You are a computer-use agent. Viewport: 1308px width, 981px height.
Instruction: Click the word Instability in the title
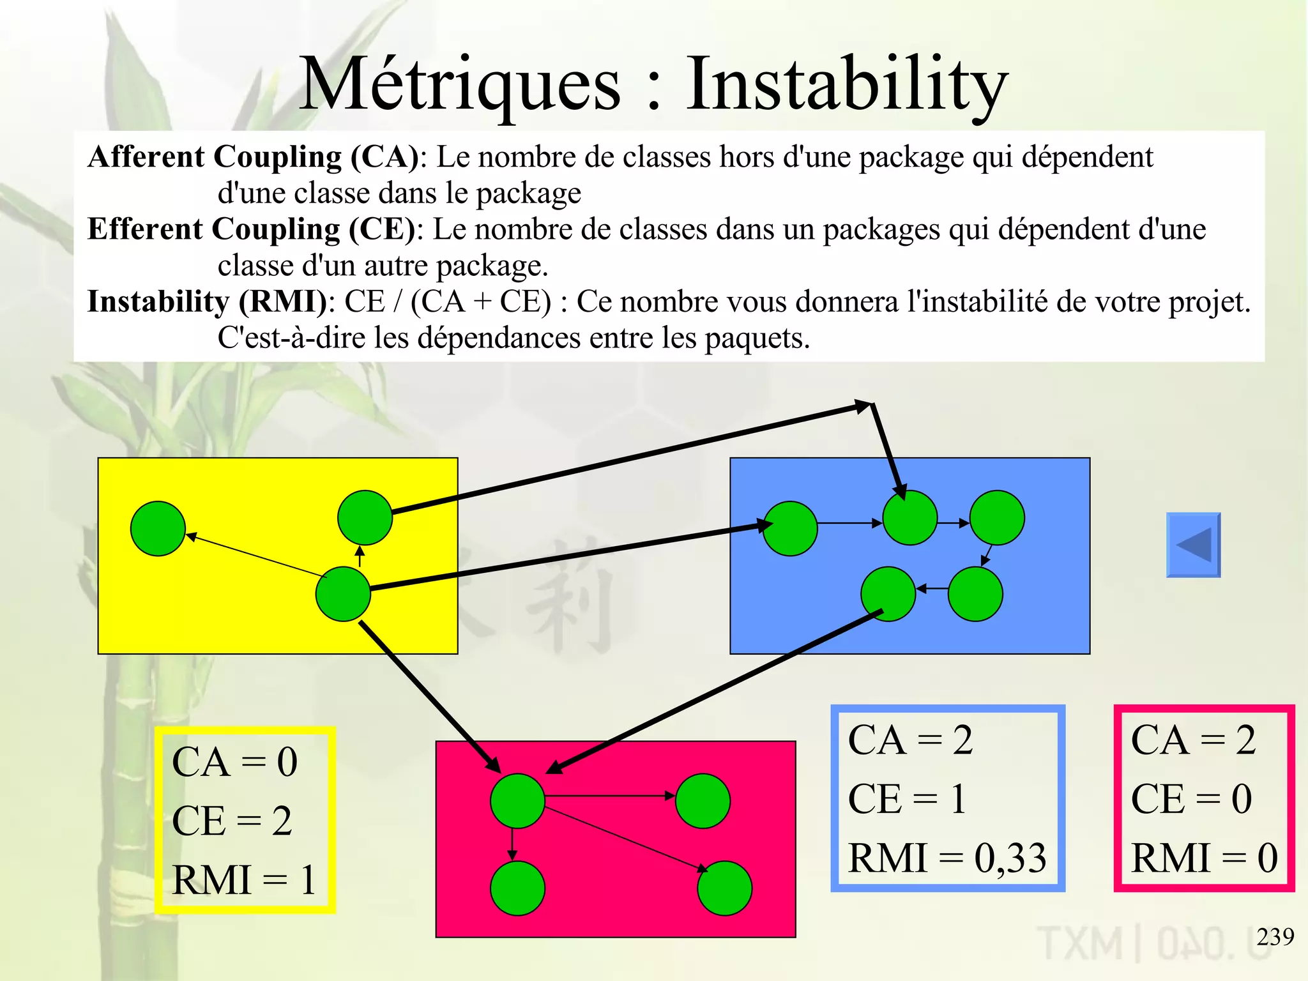point(846,84)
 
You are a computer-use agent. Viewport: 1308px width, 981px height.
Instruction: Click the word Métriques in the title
point(460,84)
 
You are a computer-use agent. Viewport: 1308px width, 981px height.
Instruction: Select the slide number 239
point(1275,936)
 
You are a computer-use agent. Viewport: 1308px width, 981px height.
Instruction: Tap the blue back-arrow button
point(1193,545)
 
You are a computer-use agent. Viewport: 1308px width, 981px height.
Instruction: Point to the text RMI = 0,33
point(947,858)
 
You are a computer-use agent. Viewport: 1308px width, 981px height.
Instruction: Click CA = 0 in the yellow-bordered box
point(234,762)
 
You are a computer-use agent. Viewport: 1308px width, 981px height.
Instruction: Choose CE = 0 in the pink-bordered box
point(1191,799)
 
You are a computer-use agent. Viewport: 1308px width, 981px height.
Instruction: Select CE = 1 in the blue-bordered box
point(906,799)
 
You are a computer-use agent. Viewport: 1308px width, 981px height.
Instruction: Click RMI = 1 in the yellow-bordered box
point(244,880)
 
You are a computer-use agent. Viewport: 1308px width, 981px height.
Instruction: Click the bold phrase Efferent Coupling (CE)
point(252,229)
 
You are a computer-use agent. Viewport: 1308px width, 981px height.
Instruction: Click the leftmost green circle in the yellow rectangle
point(158,528)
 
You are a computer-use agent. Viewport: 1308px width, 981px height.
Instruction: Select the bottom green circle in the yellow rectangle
point(343,594)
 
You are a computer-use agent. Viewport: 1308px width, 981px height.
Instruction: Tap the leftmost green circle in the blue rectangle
point(790,528)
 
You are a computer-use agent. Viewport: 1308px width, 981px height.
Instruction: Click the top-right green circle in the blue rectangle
point(997,517)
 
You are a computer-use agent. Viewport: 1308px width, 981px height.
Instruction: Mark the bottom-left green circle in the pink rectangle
point(517,888)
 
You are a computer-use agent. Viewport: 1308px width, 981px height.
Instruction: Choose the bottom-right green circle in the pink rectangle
point(724,888)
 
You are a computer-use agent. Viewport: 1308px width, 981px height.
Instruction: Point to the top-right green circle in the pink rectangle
point(703,801)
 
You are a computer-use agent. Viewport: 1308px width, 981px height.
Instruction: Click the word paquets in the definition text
point(757,338)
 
